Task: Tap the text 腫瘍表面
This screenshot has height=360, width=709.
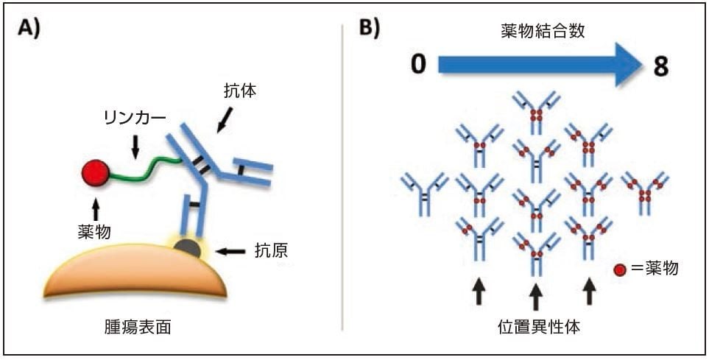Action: tap(138, 328)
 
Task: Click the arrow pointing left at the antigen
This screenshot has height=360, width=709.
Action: tap(232, 252)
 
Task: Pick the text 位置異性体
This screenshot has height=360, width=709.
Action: tap(536, 326)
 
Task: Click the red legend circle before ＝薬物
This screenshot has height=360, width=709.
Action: tap(619, 269)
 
